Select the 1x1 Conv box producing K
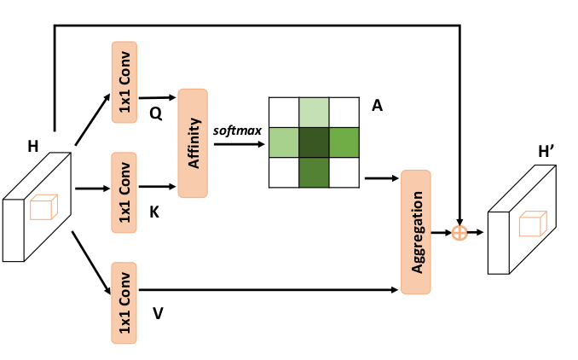pos(124,192)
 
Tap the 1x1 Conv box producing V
pos(124,302)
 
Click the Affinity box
pos(194,142)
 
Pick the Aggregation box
pos(416,232)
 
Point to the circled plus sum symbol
pos(460,232)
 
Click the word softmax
pos(238,130)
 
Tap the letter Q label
pos(155,113)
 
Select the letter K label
pos(154,212)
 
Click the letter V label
pos(158,313)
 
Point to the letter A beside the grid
pos(377,106)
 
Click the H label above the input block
pos(32,147)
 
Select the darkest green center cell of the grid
pos(314,142)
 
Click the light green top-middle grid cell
pos(314,112)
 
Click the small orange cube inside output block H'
pos(531,224)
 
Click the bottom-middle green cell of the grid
pos(314,172)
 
